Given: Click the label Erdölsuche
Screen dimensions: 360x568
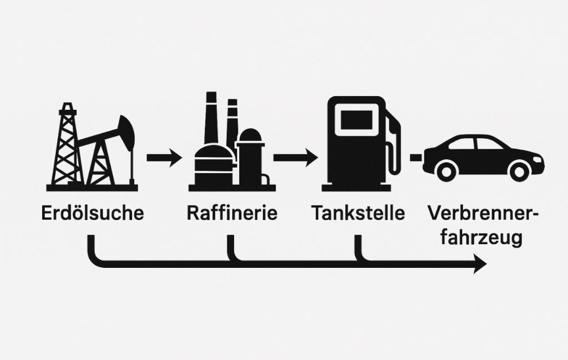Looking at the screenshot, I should click(92, 214).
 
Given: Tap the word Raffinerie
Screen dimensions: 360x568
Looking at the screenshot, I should click(232, 214).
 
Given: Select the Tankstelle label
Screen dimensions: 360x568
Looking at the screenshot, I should click(358, 214).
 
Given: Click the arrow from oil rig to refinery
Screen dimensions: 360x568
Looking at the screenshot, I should click(164, 159).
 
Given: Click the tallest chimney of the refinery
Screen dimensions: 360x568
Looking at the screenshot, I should click(211, 119).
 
